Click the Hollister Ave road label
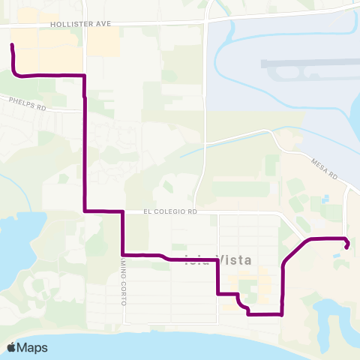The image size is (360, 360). click(80, 24)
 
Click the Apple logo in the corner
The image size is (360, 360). click(12, 346)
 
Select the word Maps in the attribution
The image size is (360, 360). click(33, 347)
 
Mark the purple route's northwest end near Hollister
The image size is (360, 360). click(12, 46)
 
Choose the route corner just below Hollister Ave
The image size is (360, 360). click(84, 76)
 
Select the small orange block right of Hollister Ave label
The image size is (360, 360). click(103, 45)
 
